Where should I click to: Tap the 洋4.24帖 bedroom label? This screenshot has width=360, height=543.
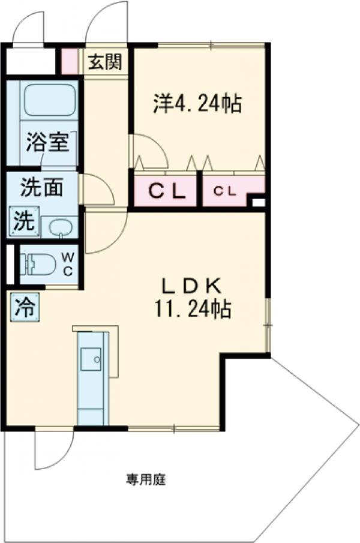pos(197,104)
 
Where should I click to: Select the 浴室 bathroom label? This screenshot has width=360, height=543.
pos(47,143)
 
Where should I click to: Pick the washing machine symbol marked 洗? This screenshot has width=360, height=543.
pos(24,221)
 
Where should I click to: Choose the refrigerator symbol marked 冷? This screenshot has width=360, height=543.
pos(25,307)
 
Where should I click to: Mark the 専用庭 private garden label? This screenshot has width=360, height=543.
pos(145,479)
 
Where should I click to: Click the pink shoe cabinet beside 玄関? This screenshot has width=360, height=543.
pos(70,61)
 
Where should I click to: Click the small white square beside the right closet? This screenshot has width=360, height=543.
pos(258,202)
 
